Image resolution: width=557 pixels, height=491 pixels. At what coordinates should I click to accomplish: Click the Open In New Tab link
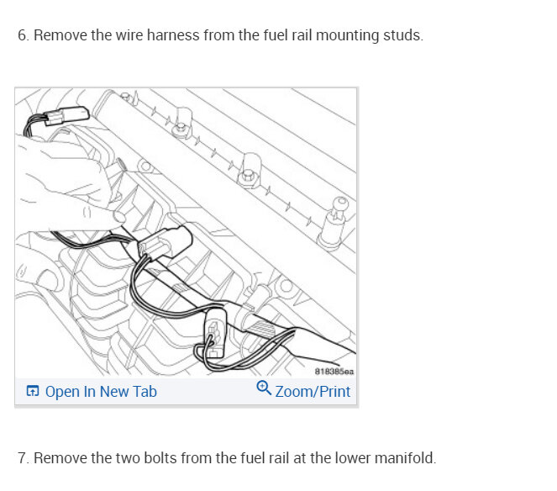100,392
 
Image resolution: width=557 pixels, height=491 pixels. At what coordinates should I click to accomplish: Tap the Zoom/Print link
313,392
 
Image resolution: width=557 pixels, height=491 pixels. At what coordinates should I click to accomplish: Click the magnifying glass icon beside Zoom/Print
263,388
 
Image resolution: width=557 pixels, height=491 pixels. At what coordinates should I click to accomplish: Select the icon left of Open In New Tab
32,392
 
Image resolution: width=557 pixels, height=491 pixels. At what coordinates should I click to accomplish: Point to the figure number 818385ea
334,371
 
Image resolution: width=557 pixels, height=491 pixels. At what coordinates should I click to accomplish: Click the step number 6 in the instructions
22,37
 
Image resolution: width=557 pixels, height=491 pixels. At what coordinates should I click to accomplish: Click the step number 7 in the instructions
22,458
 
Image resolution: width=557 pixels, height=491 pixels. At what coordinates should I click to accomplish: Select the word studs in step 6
403,37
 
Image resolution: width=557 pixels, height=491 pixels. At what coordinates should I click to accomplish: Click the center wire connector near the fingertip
160,241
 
